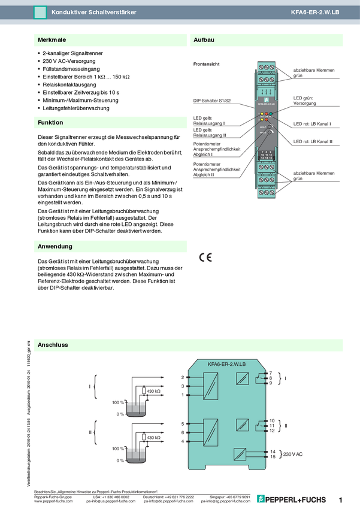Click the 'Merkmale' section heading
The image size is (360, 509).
(x=52, y=40)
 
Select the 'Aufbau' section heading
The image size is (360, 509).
(x=204, y=40)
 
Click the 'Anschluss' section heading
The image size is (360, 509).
(x=53, y=345)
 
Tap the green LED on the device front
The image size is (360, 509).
(x=271, y=113)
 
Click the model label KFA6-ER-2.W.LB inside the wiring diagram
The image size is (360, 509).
(x=228, y=363)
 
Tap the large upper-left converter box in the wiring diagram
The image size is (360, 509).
(x=210, y=386)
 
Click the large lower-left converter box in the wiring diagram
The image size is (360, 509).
(x=210, y=431)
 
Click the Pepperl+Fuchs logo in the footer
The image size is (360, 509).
(x=292, y=499)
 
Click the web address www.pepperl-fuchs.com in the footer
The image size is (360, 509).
(x=54, y=501)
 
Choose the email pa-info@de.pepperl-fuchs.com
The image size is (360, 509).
(x=168, y=501)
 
